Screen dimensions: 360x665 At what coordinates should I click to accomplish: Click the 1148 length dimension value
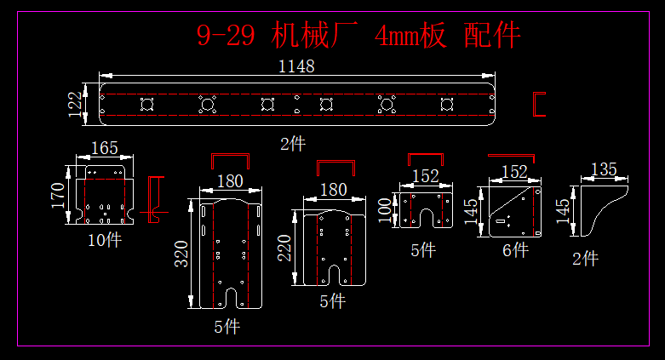(x=296, y=66)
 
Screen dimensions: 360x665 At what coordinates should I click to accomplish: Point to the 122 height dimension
(x=76, y=103)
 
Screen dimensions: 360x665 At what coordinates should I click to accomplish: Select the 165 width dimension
(x=104, y=148)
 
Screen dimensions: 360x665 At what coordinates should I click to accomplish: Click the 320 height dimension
(x=181, y=253)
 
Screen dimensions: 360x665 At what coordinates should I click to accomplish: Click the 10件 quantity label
(x=104, y=240)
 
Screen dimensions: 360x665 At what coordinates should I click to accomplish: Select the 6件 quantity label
(x=514, y=249)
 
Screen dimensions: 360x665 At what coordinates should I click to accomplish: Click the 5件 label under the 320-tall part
(x=226, y=327)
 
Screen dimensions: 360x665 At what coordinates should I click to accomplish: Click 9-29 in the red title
(x=224, y=36)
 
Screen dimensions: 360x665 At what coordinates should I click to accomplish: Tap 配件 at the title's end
(x=492, y=36)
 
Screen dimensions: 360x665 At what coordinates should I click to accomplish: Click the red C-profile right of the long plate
(x=538, y=103)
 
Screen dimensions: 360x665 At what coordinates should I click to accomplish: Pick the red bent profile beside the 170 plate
(x=153, y=199)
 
